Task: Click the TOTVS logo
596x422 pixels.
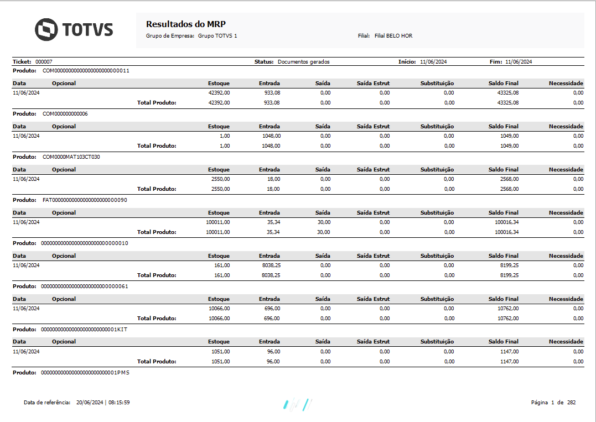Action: click(x=74, y=29)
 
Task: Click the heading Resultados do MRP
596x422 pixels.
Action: click(x=186, y=24)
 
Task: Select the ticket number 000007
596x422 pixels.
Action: click(x=44, y=62)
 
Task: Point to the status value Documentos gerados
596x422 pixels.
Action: click(x=303, y=62)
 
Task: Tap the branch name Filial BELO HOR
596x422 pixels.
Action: click(x=393, y=36)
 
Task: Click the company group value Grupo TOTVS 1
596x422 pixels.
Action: click(x=217, y=36)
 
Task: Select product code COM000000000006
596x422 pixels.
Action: click(x=65, y=114)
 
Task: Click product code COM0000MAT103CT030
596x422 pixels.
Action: click(x=71, y=157)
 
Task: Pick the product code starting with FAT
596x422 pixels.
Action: click(x=85, y=200)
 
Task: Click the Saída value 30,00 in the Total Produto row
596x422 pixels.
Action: click(x=324, y=232)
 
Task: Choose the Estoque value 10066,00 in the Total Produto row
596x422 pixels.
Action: click(x=219, y=319)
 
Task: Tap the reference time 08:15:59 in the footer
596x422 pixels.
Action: click(x=119, y=403)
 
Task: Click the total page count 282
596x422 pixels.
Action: click(x=571, y=403)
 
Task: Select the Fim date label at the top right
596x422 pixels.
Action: click(x=496, y=62)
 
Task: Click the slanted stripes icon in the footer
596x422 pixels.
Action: click(x=297, y=404)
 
